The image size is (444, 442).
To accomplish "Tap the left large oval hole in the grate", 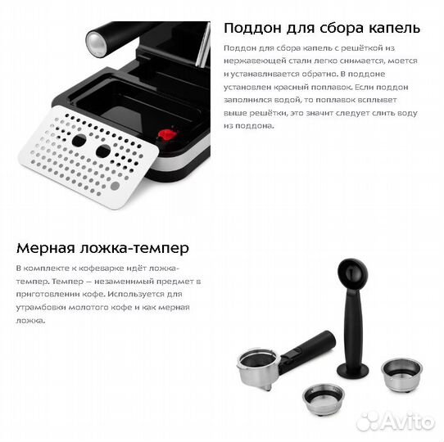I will click(79, 140).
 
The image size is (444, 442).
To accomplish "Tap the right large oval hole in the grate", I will click(103, 151).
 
